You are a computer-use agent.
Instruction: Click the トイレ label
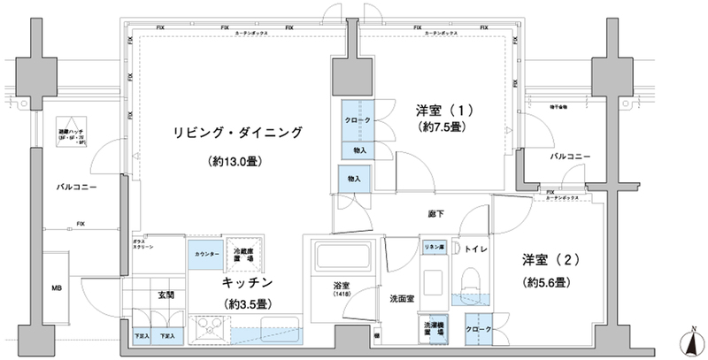point(468,249)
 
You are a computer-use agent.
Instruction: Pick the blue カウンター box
point(204,254)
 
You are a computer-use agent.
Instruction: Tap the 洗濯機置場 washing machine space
point(434,328)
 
